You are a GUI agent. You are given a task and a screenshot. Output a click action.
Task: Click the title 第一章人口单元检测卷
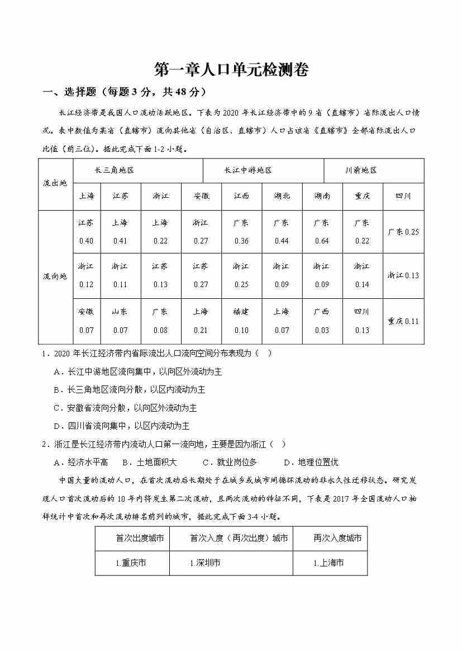click(x=231, y=70)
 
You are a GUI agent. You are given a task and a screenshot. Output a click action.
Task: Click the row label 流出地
click(x=55, y=183)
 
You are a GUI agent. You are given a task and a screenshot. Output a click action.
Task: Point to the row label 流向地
click(x=55, y=277)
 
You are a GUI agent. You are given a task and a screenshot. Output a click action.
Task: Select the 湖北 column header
click(x=282, y=196)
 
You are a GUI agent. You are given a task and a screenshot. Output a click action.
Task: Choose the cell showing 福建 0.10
click(x=241, y=321)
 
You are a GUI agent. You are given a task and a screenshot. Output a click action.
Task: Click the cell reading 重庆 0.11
click(x=403, y=321)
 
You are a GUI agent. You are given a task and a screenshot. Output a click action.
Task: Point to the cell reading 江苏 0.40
click(x=87, y=232)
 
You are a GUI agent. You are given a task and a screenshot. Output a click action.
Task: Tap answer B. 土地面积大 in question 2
click(x=149, y=462)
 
